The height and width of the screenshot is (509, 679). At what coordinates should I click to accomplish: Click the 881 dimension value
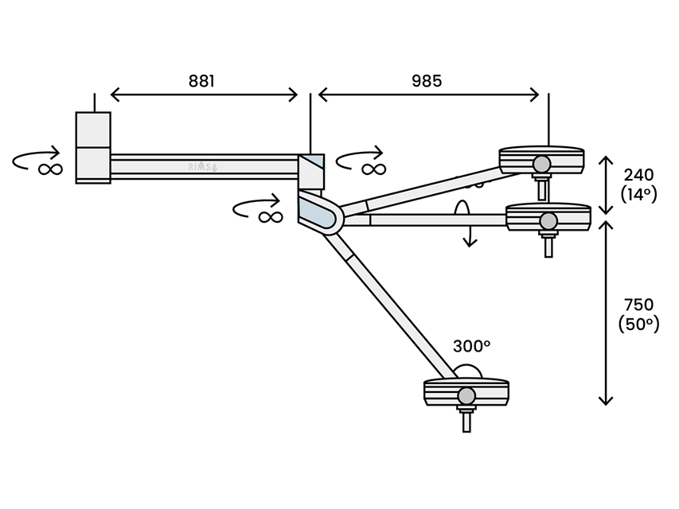point(202,80)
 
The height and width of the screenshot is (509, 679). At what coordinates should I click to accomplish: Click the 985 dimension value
point(427,80)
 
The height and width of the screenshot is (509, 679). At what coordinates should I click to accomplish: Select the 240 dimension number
point(638,174)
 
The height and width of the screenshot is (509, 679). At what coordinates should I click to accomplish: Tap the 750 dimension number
point(638,305)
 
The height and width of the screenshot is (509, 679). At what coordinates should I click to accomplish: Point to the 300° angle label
point(471,346)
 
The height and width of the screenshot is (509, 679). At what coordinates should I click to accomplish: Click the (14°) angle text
point(638,193)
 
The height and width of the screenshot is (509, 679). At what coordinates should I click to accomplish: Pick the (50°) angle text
point(638,324)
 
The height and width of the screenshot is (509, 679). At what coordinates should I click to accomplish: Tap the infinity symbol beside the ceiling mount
point(49,169)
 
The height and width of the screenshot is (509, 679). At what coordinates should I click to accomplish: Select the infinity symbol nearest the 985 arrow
point(372,169)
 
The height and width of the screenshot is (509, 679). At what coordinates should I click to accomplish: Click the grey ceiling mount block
point(93,147)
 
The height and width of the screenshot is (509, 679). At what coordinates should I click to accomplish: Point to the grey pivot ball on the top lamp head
point(542,165)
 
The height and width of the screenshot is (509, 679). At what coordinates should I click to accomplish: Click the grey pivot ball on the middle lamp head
point(548,220)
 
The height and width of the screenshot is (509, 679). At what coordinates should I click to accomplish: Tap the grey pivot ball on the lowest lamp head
point(466,395)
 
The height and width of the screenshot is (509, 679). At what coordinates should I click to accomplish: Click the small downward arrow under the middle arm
point(470,235)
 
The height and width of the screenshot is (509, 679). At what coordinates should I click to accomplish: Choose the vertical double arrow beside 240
point(607,185)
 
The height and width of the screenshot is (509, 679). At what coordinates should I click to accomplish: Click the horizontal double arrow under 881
point(204,95)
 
